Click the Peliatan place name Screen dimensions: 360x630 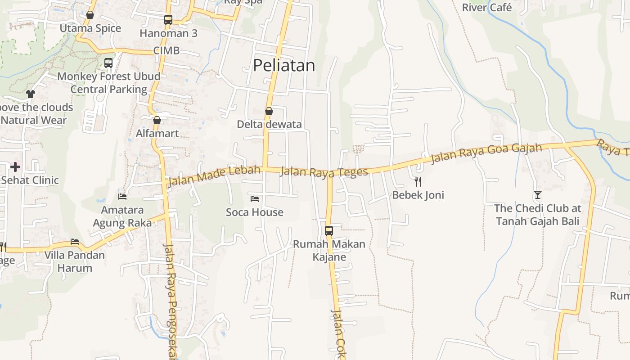tap(284, 66)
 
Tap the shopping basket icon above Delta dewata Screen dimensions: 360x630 tap(269, 111)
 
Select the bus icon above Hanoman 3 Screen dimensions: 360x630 tap(168, 20)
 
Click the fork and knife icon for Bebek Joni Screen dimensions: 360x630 tap(418, 182)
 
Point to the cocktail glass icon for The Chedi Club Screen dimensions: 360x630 tap(537, 195)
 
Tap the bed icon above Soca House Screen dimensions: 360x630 tap(255, 198)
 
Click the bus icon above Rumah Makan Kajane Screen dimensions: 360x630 tap(329, 231)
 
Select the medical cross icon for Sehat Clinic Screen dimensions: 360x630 tap(15, 167)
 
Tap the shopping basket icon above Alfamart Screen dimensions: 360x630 tap(157, 120)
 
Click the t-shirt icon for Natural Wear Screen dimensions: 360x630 tap(31, 94)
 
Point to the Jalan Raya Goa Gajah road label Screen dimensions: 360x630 tap(486, 153)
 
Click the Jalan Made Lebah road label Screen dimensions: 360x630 tap(214, 176)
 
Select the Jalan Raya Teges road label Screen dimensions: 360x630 tap(324, 171)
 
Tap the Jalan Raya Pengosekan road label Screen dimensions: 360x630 tap(170, 301)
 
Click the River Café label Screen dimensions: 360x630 tap(487, 8)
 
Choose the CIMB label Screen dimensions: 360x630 tap(166, 51)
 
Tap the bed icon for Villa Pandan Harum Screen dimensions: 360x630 tap(75, 242)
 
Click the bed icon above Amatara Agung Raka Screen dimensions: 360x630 tap(122, 196)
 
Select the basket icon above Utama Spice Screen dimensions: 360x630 tap(90, 15)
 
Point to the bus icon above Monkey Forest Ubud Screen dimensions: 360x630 tap(108, 63)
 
